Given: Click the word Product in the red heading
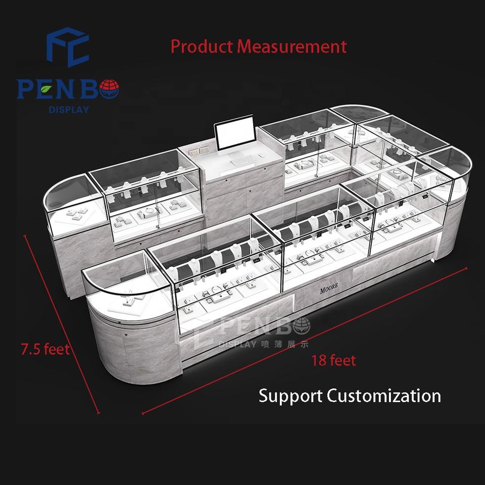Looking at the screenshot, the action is (x=202, y=46).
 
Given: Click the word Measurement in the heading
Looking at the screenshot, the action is (x=292, y=46).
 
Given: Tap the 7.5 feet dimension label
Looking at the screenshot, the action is (x=45, y=349).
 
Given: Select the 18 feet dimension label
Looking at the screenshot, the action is (x=333, y=360).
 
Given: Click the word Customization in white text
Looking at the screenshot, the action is (x=383, y=396).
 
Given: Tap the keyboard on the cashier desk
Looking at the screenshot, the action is (x=243, y=161).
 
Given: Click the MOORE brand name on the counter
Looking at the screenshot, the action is (x=329, y=288).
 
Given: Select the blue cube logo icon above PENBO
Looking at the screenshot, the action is (x=68, y=46).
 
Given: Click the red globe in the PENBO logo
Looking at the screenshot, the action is (x=109, y=89).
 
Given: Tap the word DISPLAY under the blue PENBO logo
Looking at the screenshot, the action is (x=69, y=110).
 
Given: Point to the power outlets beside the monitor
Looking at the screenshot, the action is (x=199, y=151).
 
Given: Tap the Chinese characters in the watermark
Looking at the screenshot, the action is (x=284, y=344).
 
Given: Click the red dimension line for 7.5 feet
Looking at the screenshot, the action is (x=62, y=324).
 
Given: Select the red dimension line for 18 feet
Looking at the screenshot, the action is (x=304, y=341).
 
